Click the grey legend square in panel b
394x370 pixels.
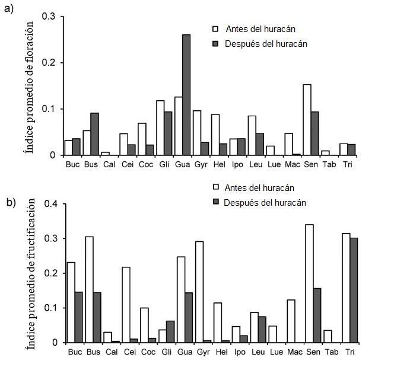(x=216, y=203)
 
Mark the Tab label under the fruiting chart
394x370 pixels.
(x=329, y=352)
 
